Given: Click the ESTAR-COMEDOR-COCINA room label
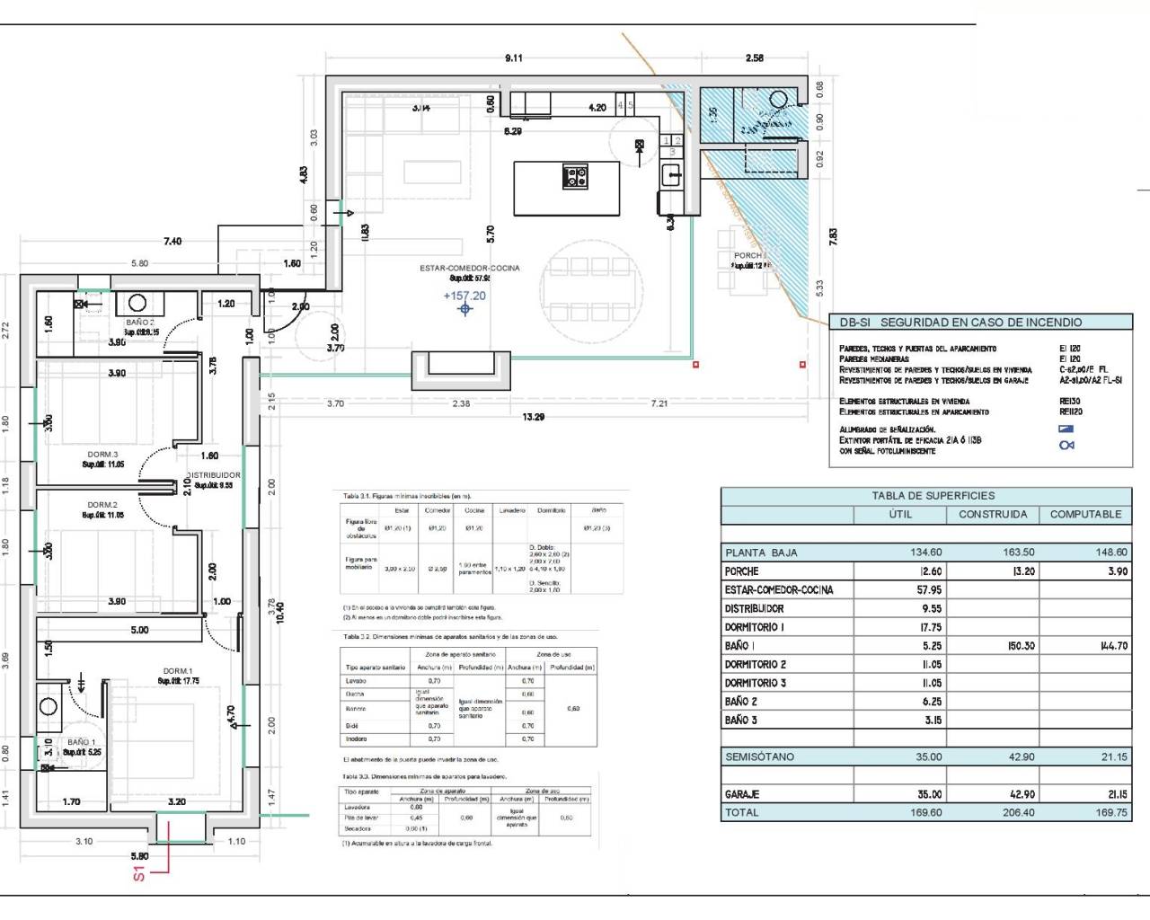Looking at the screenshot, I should (x=469, y=268).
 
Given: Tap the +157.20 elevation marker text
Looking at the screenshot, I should (x=464, y=296).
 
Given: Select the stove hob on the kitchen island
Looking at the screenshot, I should (x=575, y=176).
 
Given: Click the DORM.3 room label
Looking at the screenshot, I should (x=102, y=455).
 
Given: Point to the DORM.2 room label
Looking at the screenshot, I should (x=102, y=505).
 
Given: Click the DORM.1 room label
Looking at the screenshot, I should (x=178, y=671).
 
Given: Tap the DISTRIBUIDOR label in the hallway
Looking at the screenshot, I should (x=214, y=475).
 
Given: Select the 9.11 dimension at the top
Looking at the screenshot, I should (x=513, y=58).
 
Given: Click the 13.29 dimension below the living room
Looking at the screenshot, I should (x=533, y=417).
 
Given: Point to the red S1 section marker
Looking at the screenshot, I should (x=139, y=872).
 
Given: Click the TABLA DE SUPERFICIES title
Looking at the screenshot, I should (x=933, y=495).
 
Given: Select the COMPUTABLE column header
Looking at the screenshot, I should (x=1085, y=515).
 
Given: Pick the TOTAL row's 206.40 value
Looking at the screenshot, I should (x=1018, y=812).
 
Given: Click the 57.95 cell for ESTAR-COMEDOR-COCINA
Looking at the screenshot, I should (x=929, y=590).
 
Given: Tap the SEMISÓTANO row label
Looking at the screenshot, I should (x=759, y=756).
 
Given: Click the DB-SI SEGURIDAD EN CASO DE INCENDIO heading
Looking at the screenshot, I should (x=960, y=323).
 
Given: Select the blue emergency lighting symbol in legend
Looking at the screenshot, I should (x=1066, y=429).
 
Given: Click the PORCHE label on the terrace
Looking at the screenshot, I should (x=747, y=256).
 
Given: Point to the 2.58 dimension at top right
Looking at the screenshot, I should (x=754, y=58).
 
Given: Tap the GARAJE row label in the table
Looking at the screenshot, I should (x=742, y=794).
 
